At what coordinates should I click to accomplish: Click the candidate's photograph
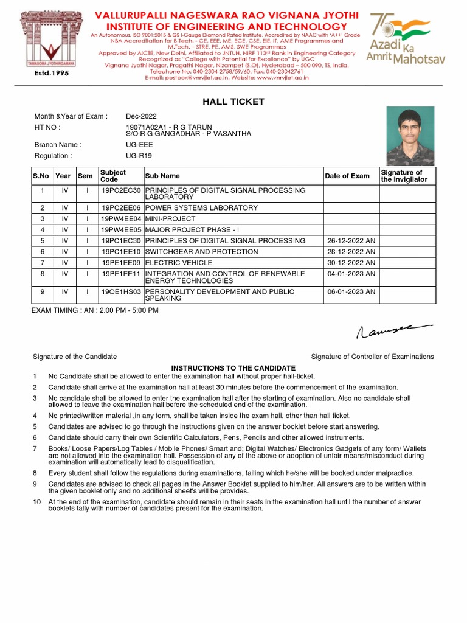coord(410,136)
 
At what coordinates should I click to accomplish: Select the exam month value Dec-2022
coord(141,116)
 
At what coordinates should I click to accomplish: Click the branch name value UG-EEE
coord(139,145)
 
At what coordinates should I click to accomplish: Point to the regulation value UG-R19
coord(139,156)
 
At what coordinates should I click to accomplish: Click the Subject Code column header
coord(113,176)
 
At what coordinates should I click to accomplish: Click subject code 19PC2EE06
coord(120,208)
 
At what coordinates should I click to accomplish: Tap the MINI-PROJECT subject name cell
coord(170,219)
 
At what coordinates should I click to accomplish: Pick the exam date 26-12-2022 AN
coord(351,241)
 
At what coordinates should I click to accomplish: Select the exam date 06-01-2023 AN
coord(351,292)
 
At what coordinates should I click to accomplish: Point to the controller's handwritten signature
coord(392,330)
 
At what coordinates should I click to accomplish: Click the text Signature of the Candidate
coord(75,357)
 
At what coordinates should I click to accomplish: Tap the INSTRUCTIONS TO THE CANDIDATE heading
coord(233,368)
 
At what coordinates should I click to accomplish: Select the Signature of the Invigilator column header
coord(404,176)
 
